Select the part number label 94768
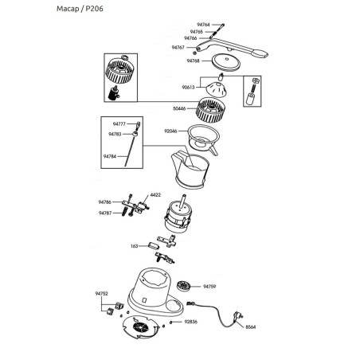193,61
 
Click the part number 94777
119,124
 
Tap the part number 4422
156,195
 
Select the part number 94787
105,213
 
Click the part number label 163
135,246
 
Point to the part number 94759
209,285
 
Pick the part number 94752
101,294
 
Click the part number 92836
190,322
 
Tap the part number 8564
250,327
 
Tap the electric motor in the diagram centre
179,217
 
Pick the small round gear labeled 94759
186,285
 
